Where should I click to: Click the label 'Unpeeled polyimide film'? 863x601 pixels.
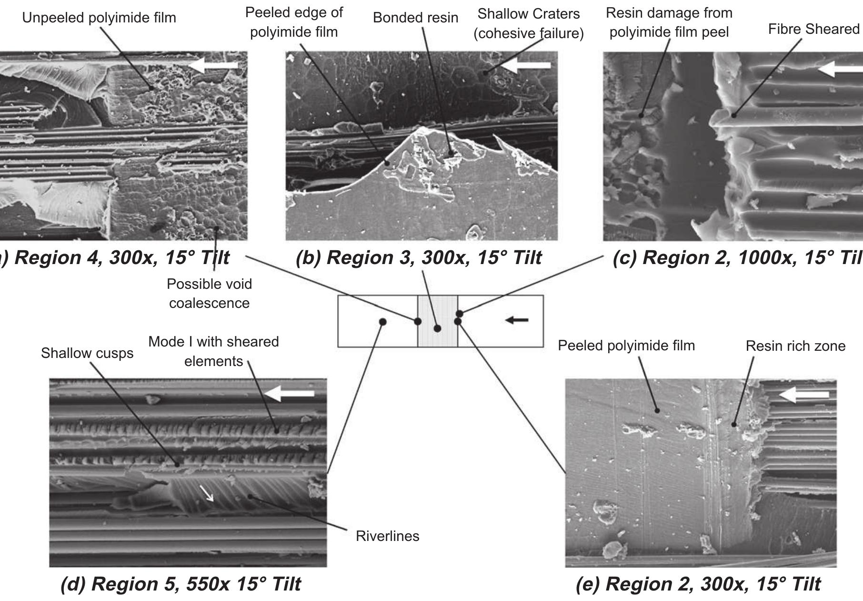pyautogui.click(x=99, y=18)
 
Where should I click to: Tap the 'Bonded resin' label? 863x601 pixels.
pyautogui.click(x=415, y=18)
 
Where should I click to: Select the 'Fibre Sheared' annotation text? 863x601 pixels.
pyautogui.click(x=813, y=29)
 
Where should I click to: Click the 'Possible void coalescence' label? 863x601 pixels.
pyautogui.click(x=209, y=294)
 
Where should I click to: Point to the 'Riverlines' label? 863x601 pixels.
pyautogui.click(x=387, y=536)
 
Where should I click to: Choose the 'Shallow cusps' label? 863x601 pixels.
pyautogui.click(x=87, y=353)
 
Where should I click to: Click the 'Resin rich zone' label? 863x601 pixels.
pyautogui.click(x=795, y=346)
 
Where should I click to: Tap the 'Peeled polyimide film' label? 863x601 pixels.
pyautogui.click(x=626, y=346)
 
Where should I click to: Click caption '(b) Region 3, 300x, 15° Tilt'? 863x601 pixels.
pyautogui.click(x=418, y=258)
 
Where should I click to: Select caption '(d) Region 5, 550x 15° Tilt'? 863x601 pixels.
pyautogui.click(x=181, y=584)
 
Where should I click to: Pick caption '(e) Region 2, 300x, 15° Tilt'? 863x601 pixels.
pyautogui.click(x=698, y=584)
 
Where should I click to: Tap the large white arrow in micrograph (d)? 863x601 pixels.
pyautogui.click(x=289, y=394)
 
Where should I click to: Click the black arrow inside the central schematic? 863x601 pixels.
pyautogui.click(x=517, y=320)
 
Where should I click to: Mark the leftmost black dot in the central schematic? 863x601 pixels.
pyautogui.click(x=382, y=322)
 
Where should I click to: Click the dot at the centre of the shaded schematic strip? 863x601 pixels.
pyautogui.click(x=437, y=328)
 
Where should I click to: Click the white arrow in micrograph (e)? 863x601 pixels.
pyautogui.click(x=803, y=395)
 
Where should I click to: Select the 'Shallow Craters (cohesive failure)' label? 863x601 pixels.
pyautogui.click(x=529, y=24)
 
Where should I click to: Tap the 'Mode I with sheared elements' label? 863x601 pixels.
pyautogui.click(x=213, y=351)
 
